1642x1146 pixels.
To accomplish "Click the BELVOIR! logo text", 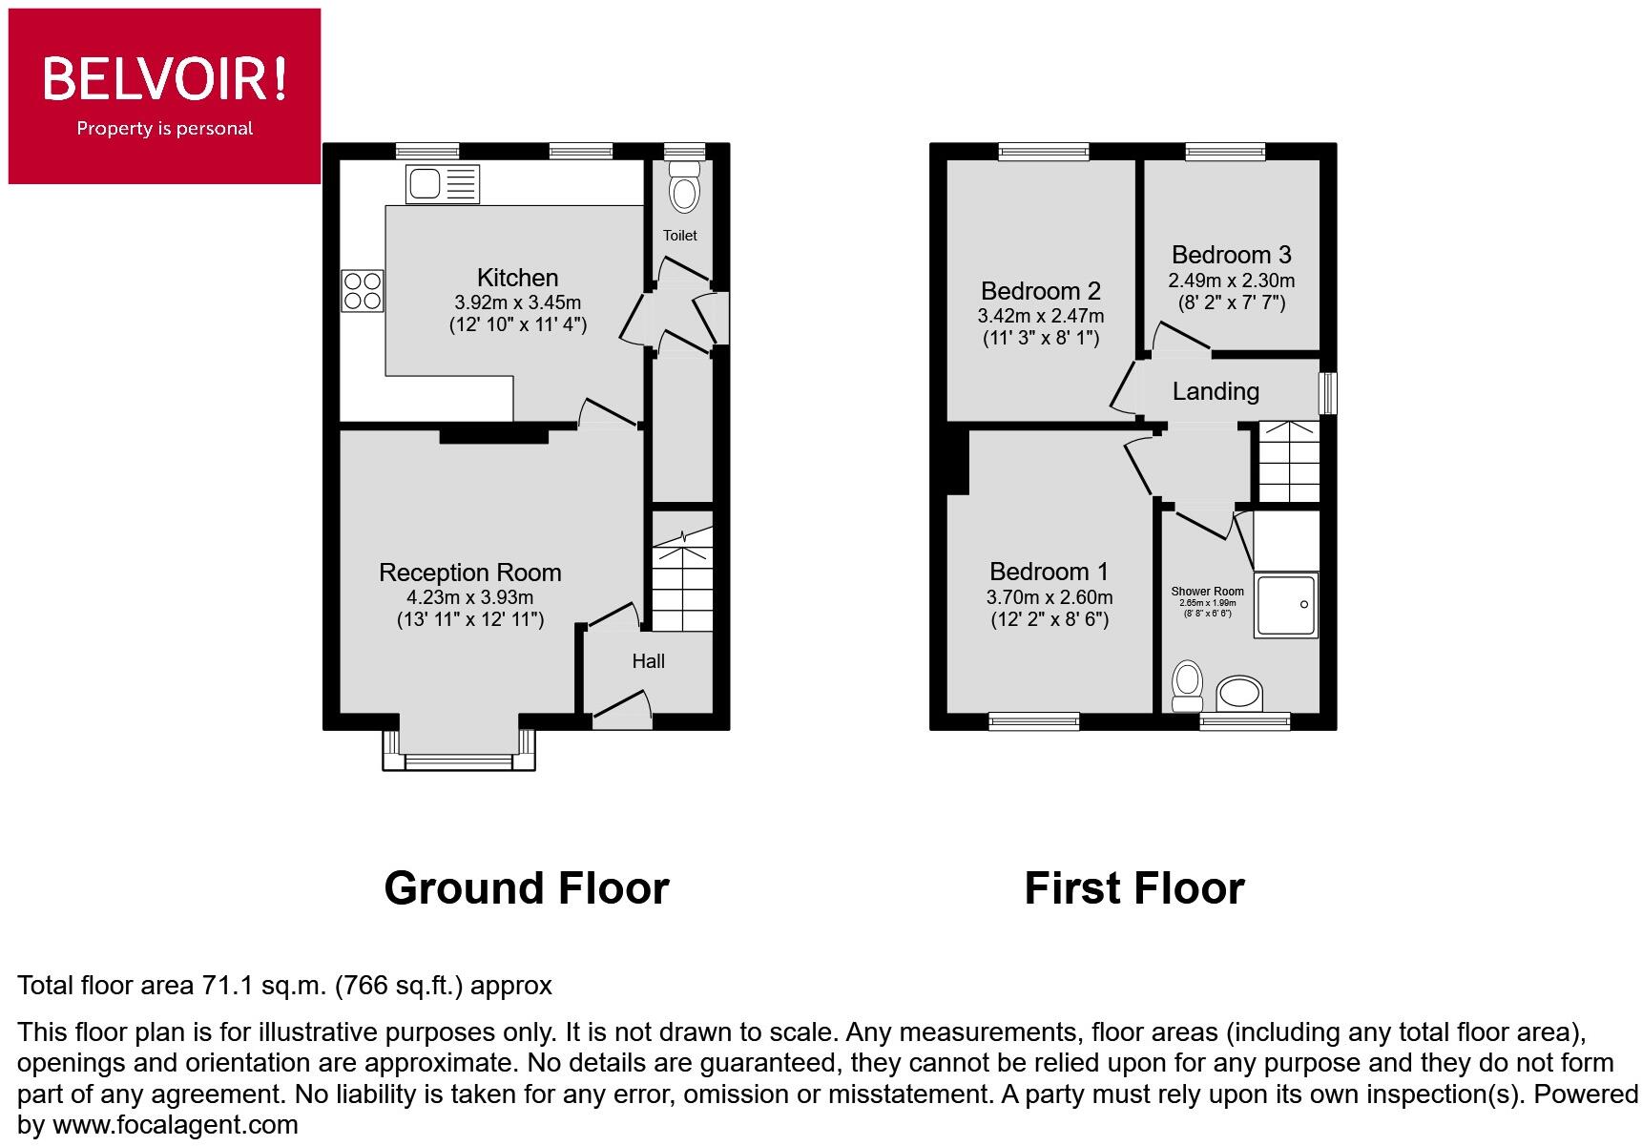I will pyautogui.click(x=164, y=78).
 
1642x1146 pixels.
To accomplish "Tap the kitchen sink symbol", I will pyautogui.click(x=443, y=183).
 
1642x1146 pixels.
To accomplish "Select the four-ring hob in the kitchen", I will pyautogui.click(x=363, y=291).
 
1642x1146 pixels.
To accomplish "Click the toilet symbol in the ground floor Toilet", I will pyautogui.click(x=683, y=188).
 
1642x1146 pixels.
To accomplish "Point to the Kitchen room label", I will pyautogui.click(x=517, y=278).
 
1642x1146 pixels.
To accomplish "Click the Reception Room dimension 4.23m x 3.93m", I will pyautogui.click(x=469, y=597).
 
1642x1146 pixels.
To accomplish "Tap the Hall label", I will pyautogui.click(x=648, y=661).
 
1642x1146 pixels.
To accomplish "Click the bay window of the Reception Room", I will pyautogui.click(x=459, y=750).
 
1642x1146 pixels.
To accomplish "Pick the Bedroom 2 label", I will pyautogui.click(x=1040, y=291).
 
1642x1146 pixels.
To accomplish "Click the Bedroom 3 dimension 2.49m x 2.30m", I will pyautogui.click(x=1231, y=281).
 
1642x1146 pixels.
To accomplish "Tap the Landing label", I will pyautogui.click(x=1216, y=391).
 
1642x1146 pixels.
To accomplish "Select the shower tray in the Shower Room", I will pyautogui.click(x=1286, y=605).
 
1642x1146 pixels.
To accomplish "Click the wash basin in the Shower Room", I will pyautogui.click(x=1239, y=694).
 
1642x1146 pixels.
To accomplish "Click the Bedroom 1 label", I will pyautogui.click(x=1049, y=572).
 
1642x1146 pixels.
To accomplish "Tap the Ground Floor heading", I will pyautogui.click(x=526, y=888).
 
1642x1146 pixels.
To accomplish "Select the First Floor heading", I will pyautogui.click(x=1133, y=888).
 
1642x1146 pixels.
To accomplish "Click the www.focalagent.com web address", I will pyautogui.click(x=175, y=1125).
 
